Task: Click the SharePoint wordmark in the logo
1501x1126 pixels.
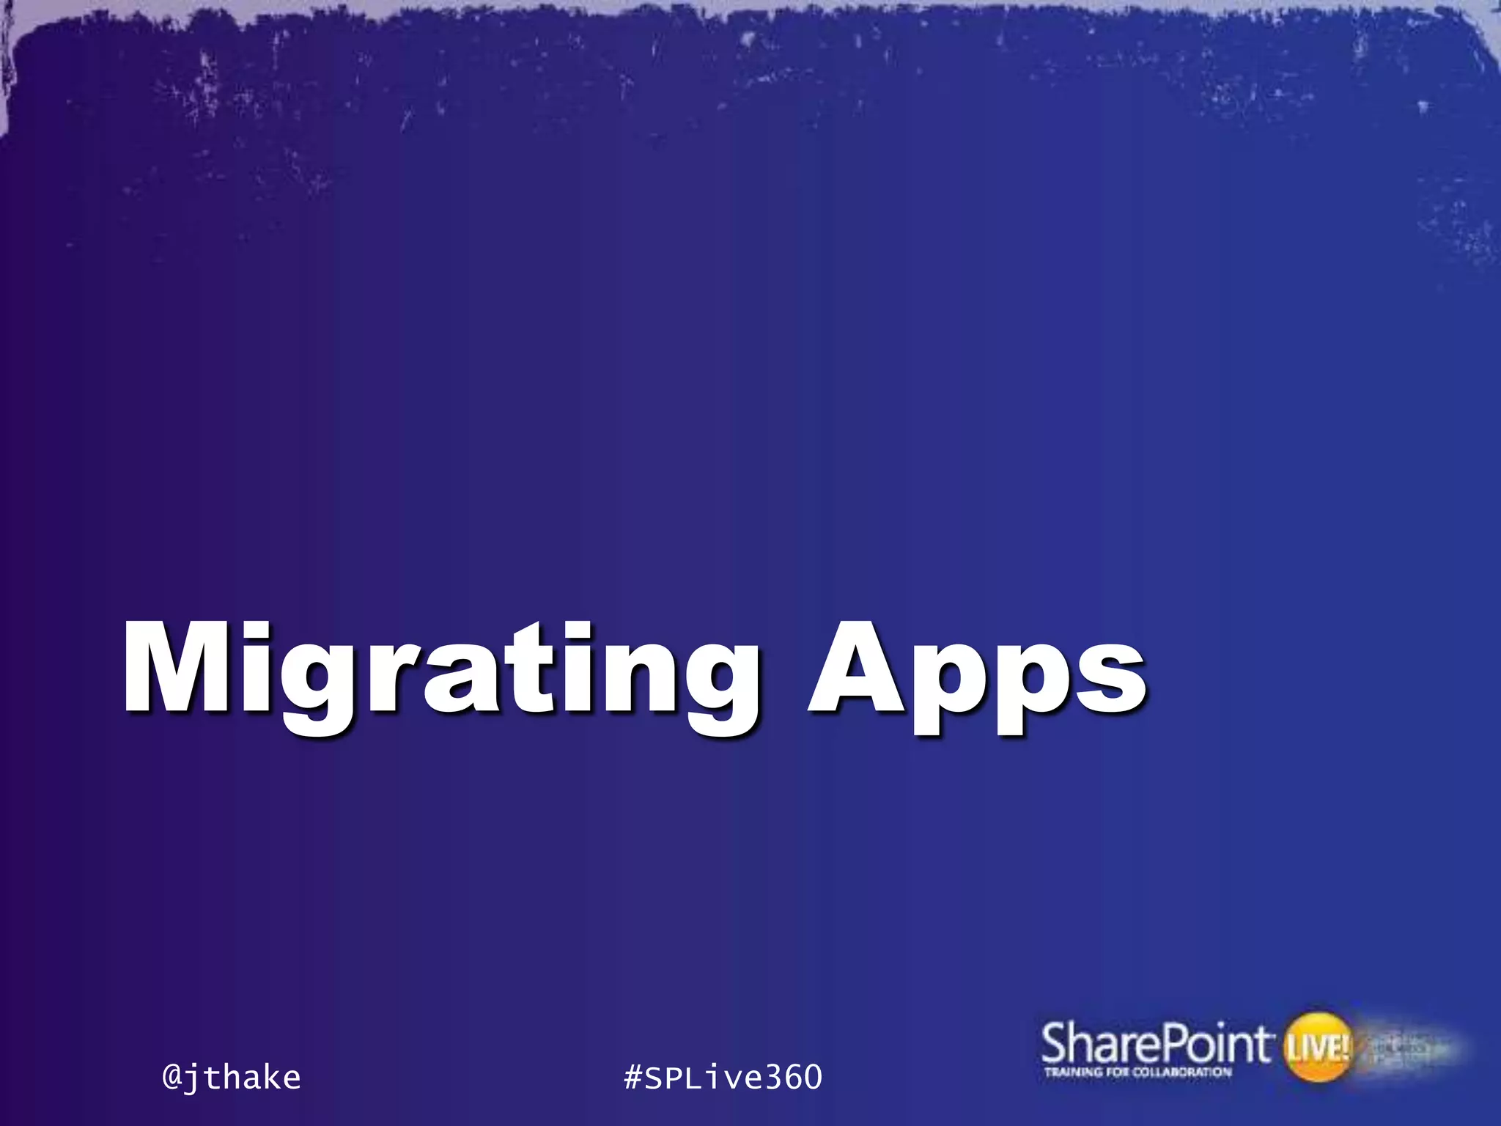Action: (x=1154, y=1042)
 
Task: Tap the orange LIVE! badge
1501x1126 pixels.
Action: (x=1318, y=1047)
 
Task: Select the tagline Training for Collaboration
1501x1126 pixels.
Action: (x=1138, y=1072)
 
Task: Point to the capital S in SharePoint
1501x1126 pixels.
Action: (x=1055, y=1042)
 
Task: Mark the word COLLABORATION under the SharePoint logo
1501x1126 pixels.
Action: (x=1181, y=1072)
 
